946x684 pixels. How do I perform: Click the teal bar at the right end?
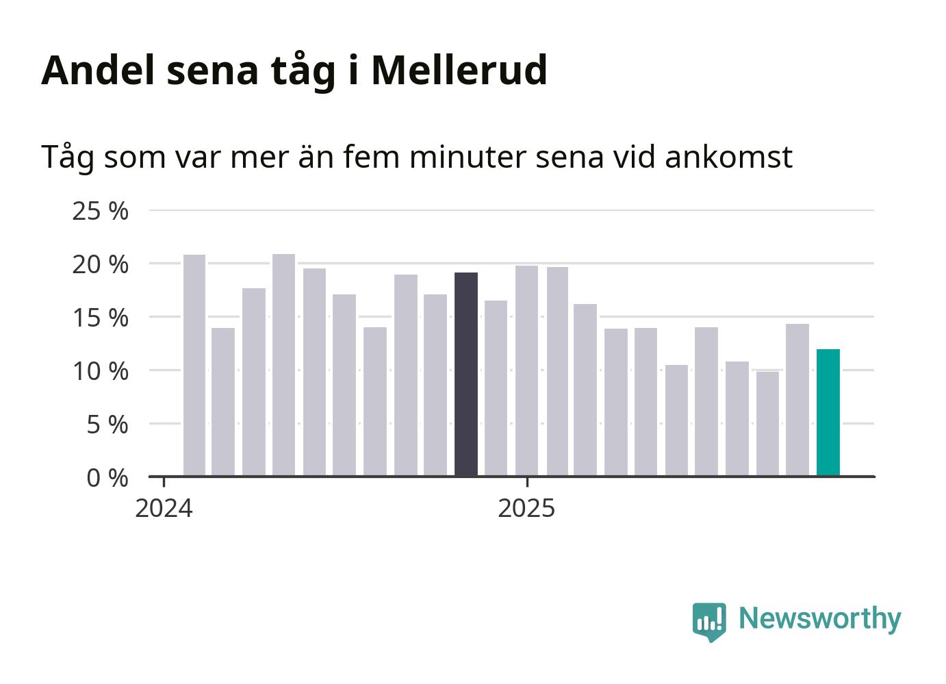click(x=828, y=412)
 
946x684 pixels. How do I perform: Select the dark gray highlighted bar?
click(x=466, y=374)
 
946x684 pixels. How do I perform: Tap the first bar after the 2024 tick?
click(x=194, y=365)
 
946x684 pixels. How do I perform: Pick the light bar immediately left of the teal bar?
click(x=797, y=400)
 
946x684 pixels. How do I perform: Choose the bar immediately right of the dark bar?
click(x=496, y=388)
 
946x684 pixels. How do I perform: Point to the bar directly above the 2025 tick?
click(x=526, y=370)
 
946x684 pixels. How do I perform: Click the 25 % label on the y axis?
click(x=100, y=211)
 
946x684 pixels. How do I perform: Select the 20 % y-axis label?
click(x=100, y=264)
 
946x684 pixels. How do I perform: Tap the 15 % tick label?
click(x=100, y=318)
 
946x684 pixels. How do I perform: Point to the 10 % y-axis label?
click(x=100, y=371)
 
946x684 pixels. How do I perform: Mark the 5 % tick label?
click(x=107, y=425)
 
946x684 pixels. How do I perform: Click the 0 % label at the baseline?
click(x=107, y=478)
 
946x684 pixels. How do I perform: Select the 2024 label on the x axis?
click(x=164, y=509)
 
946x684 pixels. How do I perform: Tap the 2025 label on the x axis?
click(x=526, y=509)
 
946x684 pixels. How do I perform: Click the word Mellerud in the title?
click(x=459, y=70)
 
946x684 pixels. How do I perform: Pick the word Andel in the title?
click(x=99, y=70)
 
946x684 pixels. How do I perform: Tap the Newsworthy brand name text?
click(x=819, y=618)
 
